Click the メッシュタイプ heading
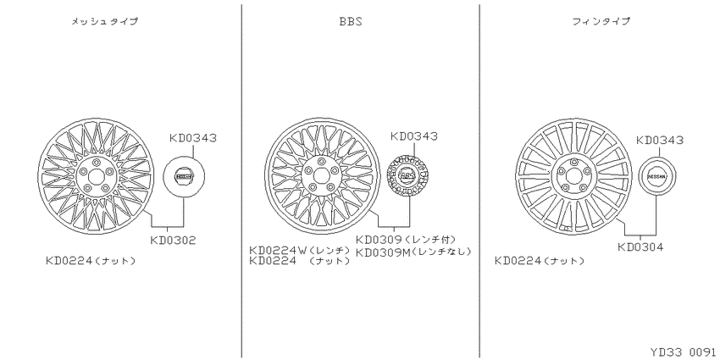point(104,21)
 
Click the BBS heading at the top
point(351,21)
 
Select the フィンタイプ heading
point(601,21)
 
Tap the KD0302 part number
point(173,241)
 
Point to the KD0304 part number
point(640,247)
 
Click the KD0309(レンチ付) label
point(406,239)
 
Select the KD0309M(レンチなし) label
point(413,252)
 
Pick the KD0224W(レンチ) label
point(300,251)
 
